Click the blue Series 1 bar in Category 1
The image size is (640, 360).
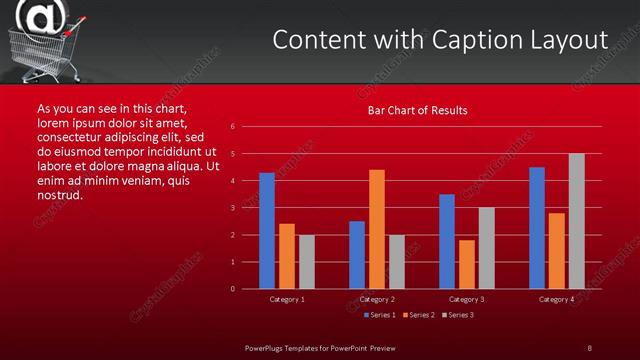[x=267, y=231]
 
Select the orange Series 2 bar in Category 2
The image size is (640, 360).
[x=377, y=229]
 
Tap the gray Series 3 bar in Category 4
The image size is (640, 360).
[x=577, y=221]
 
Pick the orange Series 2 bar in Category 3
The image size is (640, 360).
[x=467, y=264]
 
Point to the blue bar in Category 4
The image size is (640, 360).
[x=537, y=228]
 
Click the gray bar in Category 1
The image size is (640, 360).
[x=307, y=262]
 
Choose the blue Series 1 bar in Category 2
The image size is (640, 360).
[x=357, y=255]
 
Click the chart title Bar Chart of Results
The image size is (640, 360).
[x=417, y=110]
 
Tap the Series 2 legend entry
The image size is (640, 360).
[x=418, y=315]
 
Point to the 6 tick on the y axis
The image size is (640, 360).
[x=232, y=127]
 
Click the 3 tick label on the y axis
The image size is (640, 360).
[x=232, y=208]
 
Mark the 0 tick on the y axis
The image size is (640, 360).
[x=232, y=289]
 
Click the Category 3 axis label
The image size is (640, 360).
[x=467, y=299]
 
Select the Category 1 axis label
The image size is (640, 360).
[x=287, y=299]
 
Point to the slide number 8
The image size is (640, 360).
[x=589, y=347]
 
